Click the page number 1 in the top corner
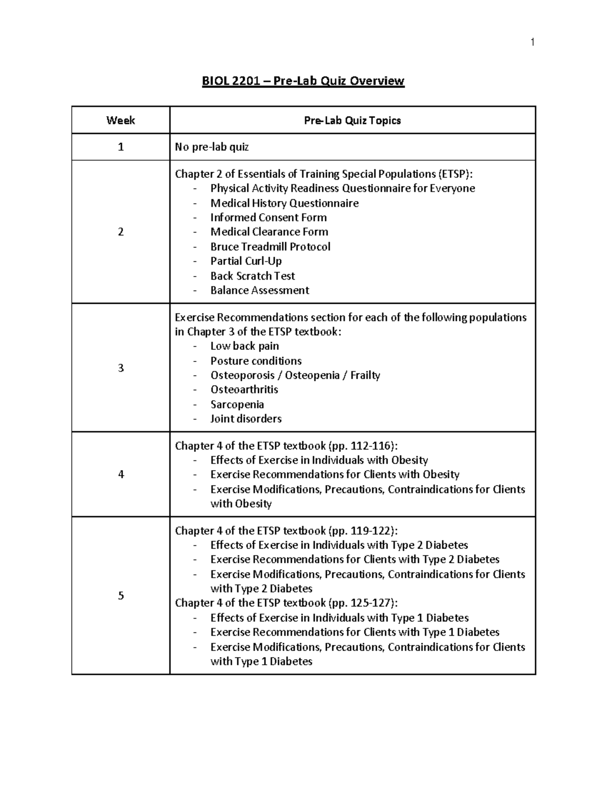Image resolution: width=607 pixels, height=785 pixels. click(532, 42)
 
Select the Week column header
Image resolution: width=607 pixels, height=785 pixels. click(120, 120)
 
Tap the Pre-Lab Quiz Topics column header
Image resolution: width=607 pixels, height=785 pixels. click(352, 120)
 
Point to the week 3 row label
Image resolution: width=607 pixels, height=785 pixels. click(120, 367)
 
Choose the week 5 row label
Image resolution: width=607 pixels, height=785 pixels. click(120, 595)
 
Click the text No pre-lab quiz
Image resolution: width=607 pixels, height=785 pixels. click(211, 147)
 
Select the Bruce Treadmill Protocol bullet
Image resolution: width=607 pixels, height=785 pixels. click(270, 247)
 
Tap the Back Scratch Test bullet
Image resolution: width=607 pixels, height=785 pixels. click(252, 276)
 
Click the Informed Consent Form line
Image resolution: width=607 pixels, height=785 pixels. click(268, 217)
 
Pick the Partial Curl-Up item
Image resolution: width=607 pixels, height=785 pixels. click(246, 261)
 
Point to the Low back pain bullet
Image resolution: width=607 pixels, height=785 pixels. click(244, 346)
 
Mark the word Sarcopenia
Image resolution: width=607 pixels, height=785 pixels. click(237, 404)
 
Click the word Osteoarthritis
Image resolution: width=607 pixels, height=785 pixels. click(244, 390)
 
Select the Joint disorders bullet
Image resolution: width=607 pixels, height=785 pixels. click(246, 419)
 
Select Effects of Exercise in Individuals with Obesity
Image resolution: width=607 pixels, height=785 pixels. click(319, 460)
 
